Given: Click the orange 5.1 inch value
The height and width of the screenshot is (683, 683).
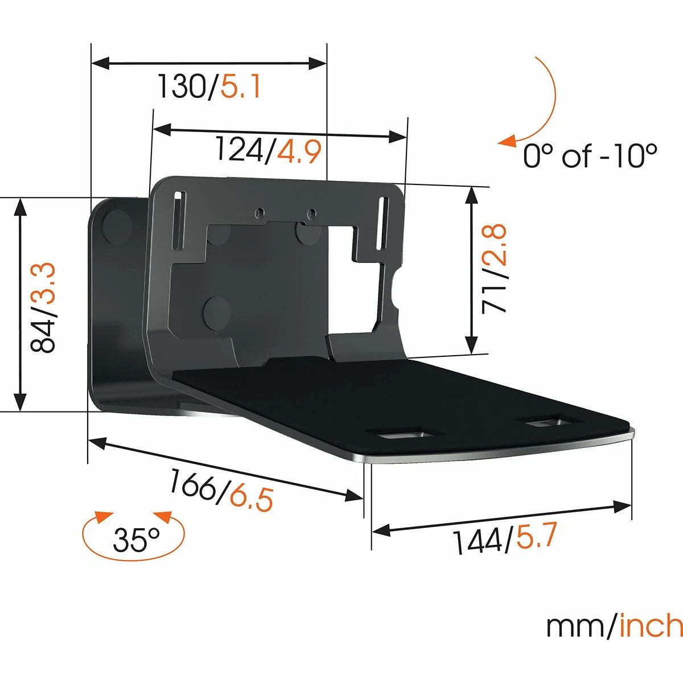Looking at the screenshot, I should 241,87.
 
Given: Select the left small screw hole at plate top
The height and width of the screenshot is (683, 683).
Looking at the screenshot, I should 260,213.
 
